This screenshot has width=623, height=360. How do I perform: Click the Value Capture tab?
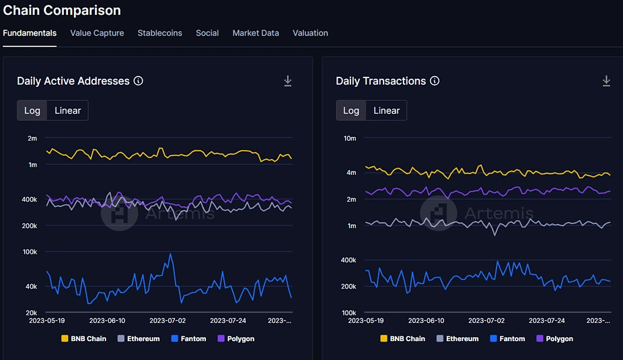pyautogui.click(x=97, y=33)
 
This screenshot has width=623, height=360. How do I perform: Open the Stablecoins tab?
pyautogui.click(x=159, y=33)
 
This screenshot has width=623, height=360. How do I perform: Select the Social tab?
pyautogui.click(x=207, y=33)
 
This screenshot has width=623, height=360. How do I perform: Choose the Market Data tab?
pyautogui.click(x=256, y=33)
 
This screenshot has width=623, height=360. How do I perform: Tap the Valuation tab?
pyautogui.click(x=310, y=33)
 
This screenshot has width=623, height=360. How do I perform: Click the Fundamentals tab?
pyautogui.click(x=30, y=33)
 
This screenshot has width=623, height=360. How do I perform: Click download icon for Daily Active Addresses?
pyautogui.click(x=288, y=81)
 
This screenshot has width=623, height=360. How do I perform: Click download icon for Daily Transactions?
pyautogui.click(x=606, y=81)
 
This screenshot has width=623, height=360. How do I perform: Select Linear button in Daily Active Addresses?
pyautogui.click(x=67, y=110)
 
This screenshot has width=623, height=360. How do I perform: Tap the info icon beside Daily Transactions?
pyautogui.click(x=435, y=81)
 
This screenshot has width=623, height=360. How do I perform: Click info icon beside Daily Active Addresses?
pyautogui.click(x=139, y=81)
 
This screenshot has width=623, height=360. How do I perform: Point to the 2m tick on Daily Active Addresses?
pyautogui.click(x=32, y=138)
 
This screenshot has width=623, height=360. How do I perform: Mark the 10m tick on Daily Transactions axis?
pyautogui.click(x=350, y=138)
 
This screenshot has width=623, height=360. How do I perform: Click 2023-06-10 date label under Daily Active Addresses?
pyautogui.click(x=107, y=321)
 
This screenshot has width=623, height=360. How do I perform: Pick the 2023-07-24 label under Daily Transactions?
pyautogui.click(x=547, y=321)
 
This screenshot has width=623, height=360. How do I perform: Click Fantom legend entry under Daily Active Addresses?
pyautogui.click(x=189, y=338)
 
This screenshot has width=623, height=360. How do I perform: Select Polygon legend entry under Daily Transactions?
pyautogui.click(x=554, y=338)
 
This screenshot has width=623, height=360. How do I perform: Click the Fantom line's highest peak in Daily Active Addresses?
pyautogui.click(x=170, y=254)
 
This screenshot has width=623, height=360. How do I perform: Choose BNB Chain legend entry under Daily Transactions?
pyautogui.click(x=402, y=338)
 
